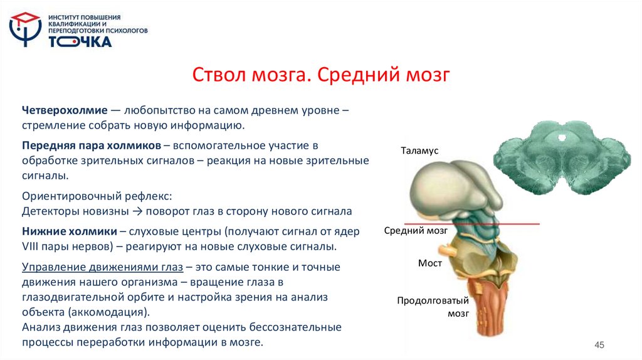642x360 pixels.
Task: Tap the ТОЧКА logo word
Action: (x=80, y=42)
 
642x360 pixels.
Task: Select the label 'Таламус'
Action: (x=419, y=151)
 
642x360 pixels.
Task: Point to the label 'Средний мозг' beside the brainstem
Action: (x=416, y=230)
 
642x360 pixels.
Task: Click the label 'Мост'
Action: (x=429, y=263)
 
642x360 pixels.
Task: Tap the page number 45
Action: (x=599, y=345)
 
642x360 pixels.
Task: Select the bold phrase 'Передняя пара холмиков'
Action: (x=92, y=146)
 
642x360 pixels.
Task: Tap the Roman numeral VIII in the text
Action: (x=32, y=246)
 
